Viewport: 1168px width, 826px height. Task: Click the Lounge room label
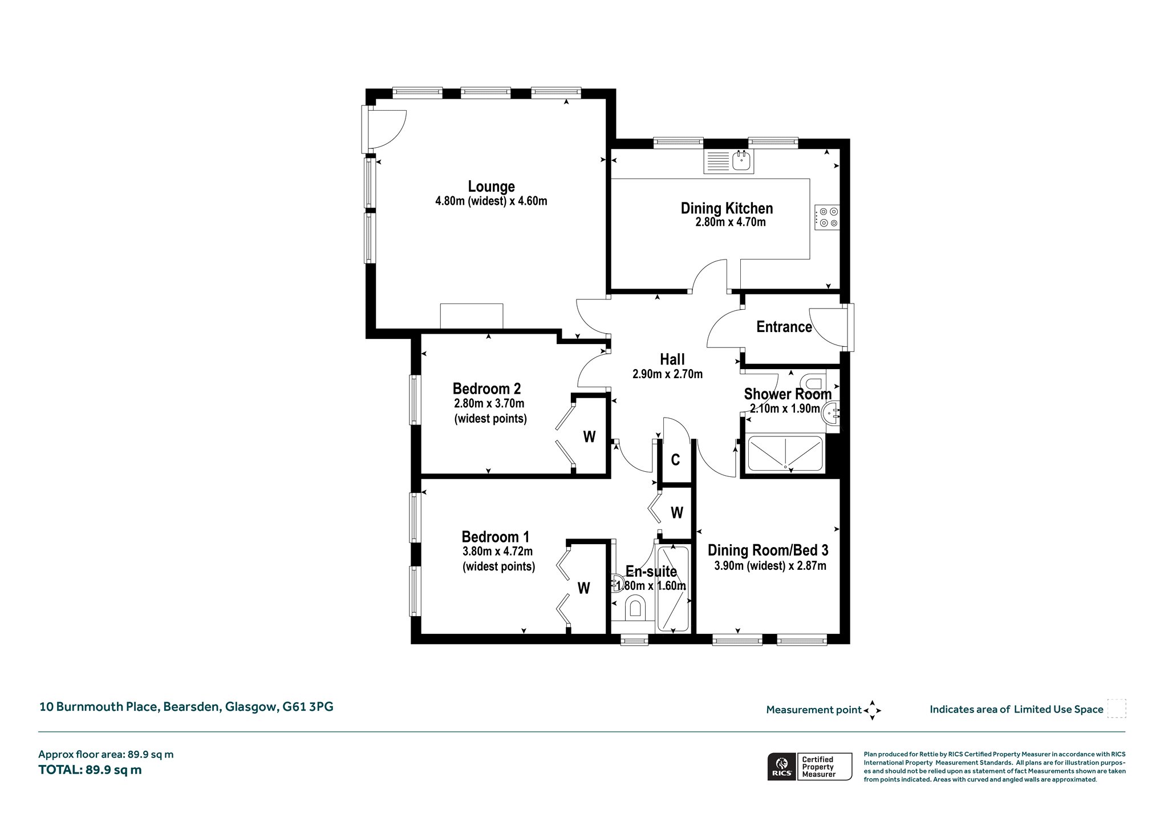click(x=491, y=187)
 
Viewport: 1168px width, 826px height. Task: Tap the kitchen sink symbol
click(x=729, y=162)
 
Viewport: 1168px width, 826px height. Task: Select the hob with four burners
click(x=828, y=217)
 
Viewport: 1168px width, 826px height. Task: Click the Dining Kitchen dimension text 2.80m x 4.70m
click(x=730, y=222)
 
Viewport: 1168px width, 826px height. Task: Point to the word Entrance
click(x=784, y=327)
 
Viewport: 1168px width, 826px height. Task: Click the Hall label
click(x=672, y=359)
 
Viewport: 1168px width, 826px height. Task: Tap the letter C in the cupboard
click(x=675, y=460)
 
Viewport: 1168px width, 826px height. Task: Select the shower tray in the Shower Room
click(x=785, y=454)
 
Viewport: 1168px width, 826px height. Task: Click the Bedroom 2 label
click(x=486, y=389)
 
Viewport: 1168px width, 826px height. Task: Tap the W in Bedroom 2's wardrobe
click(x=589, y=437)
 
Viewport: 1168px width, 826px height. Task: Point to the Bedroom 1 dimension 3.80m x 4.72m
click(x=498, y=552)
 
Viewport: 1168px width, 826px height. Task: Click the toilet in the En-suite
click(x=635, y=609)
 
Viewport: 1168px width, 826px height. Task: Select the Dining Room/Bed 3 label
click(x=768, y=550)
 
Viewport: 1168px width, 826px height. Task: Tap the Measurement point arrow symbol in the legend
click(x=872, y=711)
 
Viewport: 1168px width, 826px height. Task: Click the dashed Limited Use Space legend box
click(x=1117, y=708)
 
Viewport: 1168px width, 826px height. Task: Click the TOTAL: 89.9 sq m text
click(x=90, y=770)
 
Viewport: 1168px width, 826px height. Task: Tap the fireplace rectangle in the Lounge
click(x=472, y=316)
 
